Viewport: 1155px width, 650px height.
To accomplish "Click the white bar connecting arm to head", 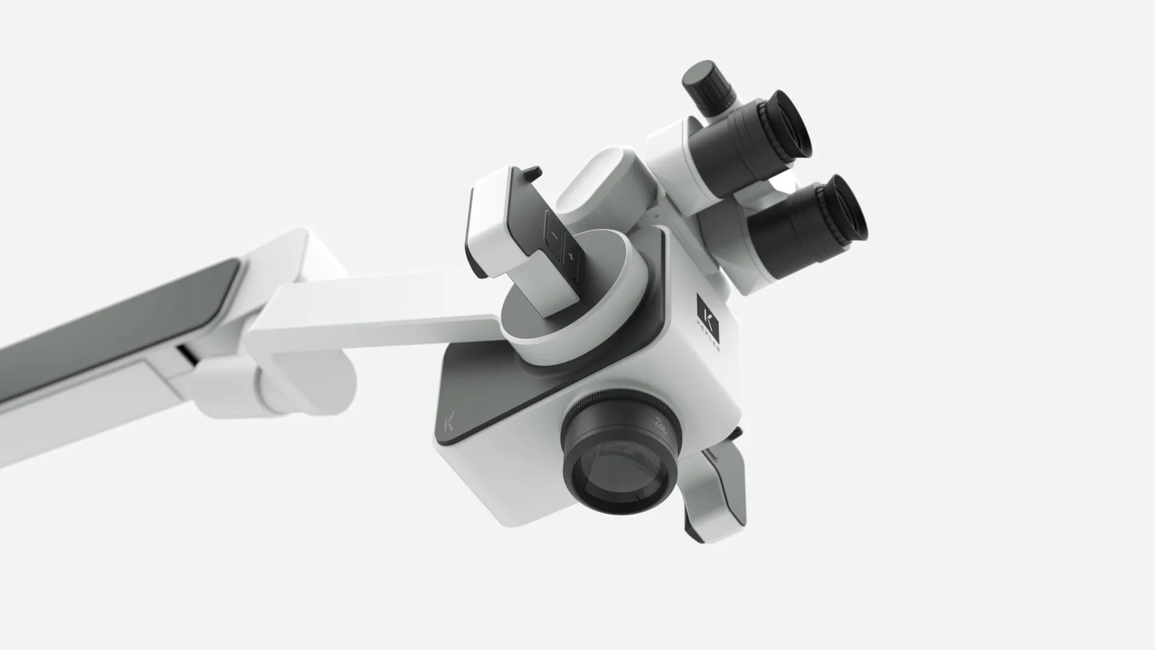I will tap(373, 307).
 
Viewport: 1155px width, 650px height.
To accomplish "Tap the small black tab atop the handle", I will tap(529, 175).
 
